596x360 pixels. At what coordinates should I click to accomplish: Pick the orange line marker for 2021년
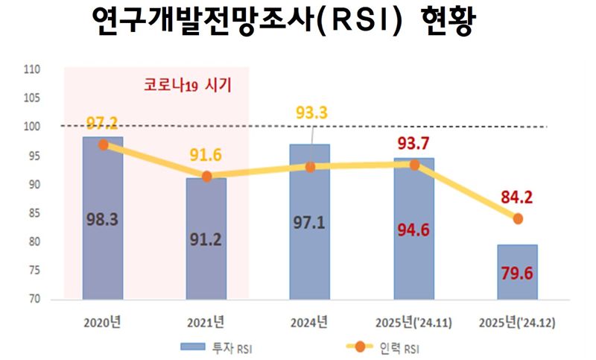pos(207,177)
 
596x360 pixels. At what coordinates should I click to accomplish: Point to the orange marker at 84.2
pos(518,218)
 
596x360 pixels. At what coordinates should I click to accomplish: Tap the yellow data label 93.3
pos(312,113)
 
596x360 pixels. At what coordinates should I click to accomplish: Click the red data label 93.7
pos(415,141)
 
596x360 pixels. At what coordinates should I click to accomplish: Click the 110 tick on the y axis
pos(32,70)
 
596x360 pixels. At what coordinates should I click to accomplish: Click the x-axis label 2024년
pos(310,323)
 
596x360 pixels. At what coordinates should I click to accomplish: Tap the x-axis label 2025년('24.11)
pos(415,323)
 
